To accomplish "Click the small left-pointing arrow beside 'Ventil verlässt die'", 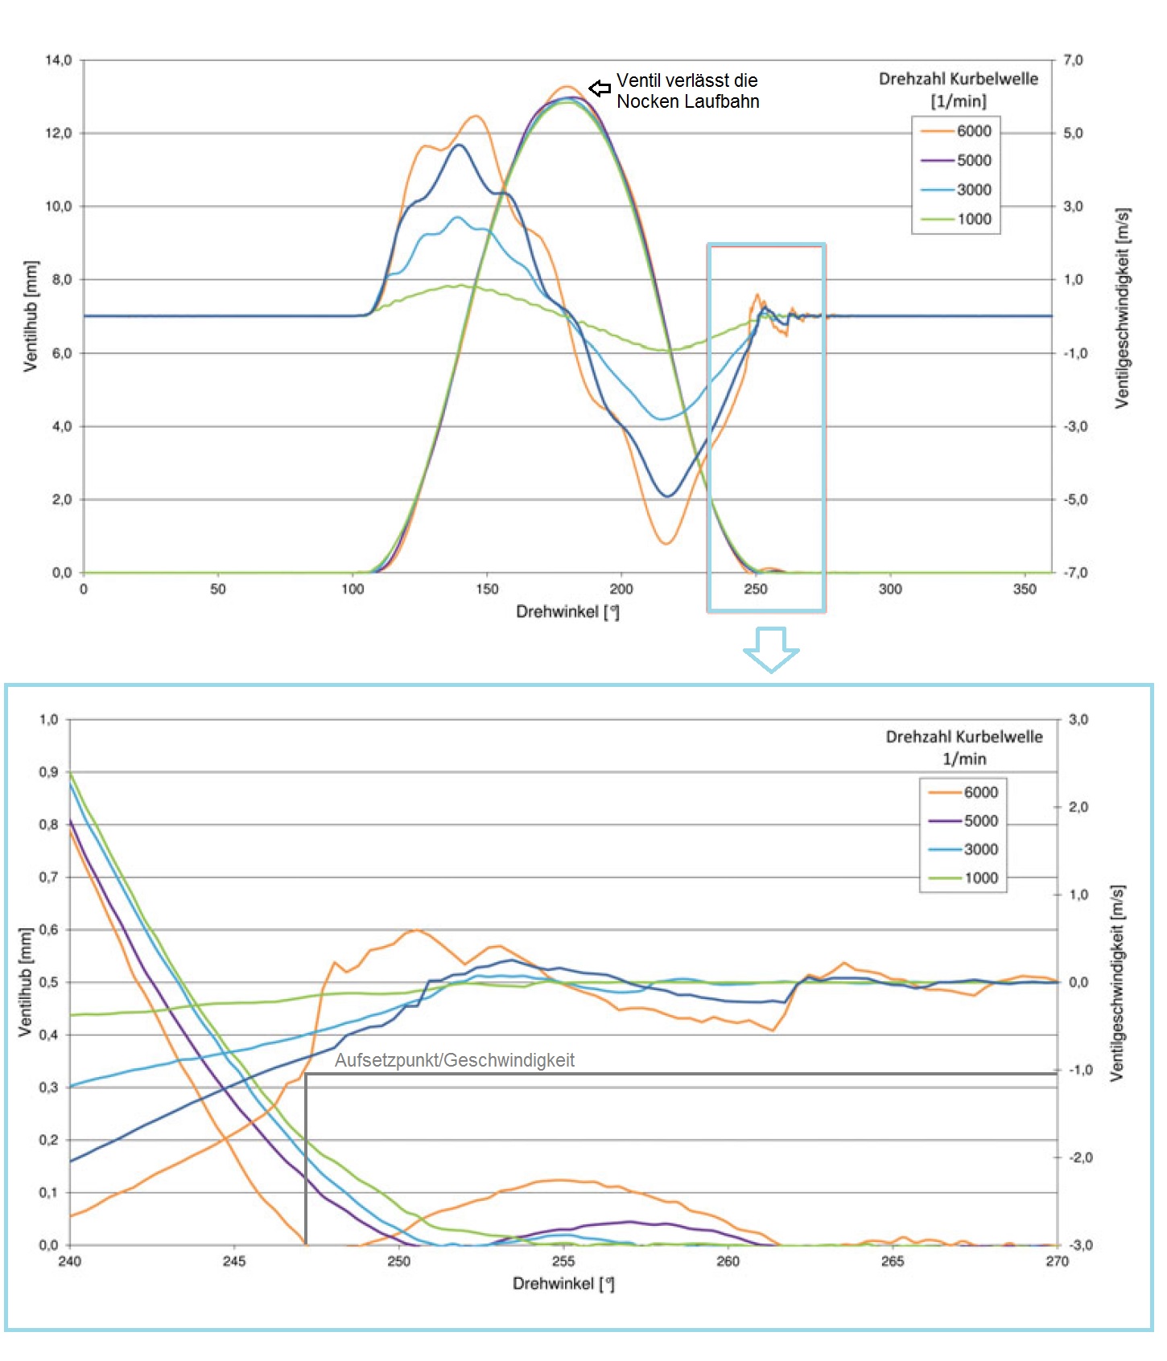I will pyautogui.click(x=600, y=88).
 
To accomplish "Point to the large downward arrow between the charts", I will pyautogui.click(x=771, y=648).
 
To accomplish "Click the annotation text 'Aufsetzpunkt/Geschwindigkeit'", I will pyautogui.click(x=454, y=1060).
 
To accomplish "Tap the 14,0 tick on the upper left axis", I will pyautogui.click(x=58, y=60).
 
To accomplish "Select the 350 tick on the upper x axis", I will pyautogui.click(x=1025, y=590).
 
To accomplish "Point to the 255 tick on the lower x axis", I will pyautogui.click(x=563, y=1261).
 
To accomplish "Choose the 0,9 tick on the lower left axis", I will pyautogui.click(x=48, y=772).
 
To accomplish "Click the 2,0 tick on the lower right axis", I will pyautogui.click(x=1078, y=807).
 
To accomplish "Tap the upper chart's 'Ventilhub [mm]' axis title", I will pyautogui.click(x=31, y=316).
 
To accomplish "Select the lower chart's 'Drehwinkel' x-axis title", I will pyautogui.click(x=563, y=1284).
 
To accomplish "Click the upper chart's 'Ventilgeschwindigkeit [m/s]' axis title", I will pyautogui.click(x=1123, y=308).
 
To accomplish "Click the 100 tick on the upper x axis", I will pyautogui.click(x=353, y=590).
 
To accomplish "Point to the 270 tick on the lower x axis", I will pyautogui.click(x=1057, y=1261).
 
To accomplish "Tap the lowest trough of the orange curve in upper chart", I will pyautogui.click(x=666, y=544).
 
